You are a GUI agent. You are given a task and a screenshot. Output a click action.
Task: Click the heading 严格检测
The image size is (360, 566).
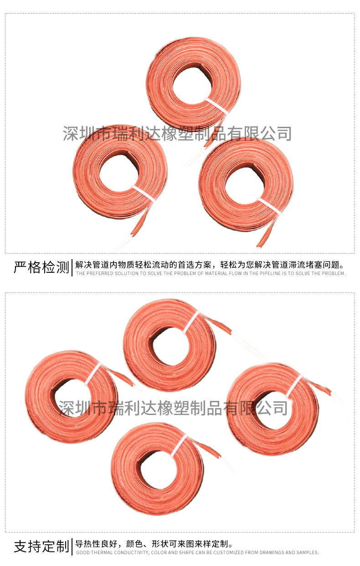coord(41,267)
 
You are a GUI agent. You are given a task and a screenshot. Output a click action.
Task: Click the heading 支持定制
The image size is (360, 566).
coord(41,546)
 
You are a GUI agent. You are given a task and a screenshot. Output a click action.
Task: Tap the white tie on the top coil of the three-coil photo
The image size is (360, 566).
coord(216,106)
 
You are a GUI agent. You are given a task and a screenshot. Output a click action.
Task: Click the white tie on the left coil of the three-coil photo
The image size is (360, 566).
coord(144,194)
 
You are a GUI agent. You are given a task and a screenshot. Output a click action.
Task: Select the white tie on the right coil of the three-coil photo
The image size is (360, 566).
coord(269,206)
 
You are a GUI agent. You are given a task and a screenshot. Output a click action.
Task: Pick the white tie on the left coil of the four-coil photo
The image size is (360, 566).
coord(93,375)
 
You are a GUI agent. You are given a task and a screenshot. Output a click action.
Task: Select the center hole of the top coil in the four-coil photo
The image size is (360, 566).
coord(171,346)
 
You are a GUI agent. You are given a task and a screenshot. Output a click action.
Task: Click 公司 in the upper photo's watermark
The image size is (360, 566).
coord(276,134)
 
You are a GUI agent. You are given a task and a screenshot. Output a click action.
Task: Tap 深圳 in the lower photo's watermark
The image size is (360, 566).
coord(74,408)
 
